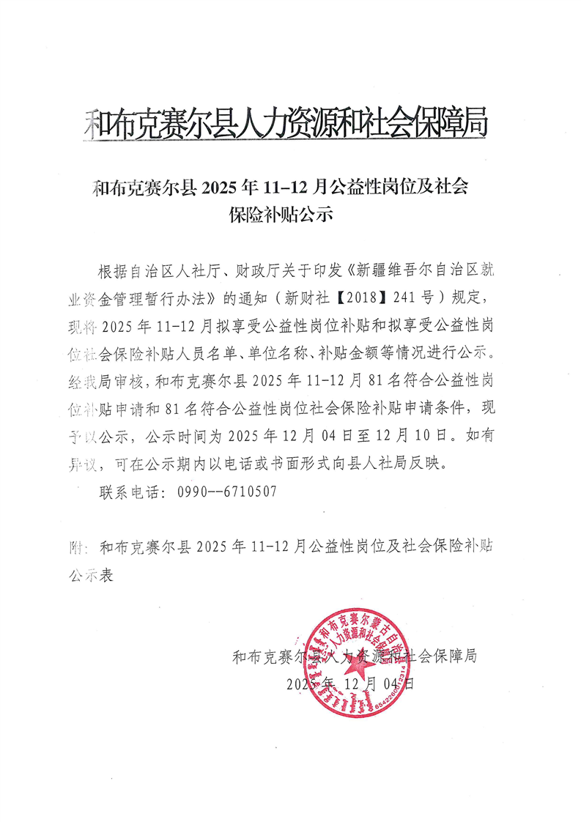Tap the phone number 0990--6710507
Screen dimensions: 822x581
tap(227, 492)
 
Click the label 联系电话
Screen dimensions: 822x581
tap(129, 492)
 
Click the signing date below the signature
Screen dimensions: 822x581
tap(352, 684)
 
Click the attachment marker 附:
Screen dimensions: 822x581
tap(75, 547)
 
